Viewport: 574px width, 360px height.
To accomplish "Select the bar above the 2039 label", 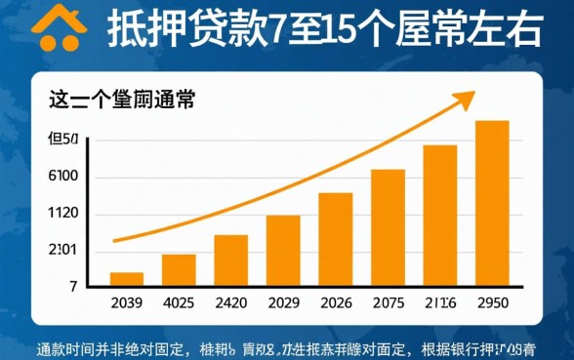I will (127, 279).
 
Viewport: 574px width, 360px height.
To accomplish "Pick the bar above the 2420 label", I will (230, 260).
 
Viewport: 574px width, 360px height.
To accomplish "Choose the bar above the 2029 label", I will (283, 250).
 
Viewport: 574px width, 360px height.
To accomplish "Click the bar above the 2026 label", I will (336, 239).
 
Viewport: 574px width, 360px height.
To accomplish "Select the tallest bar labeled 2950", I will (492, 203).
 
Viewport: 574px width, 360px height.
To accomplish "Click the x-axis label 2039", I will (127, 302).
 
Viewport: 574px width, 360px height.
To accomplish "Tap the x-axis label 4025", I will (179, 302).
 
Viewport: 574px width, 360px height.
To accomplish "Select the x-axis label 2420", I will (230, 302).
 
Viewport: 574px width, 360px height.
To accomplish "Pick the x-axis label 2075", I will (388, 302).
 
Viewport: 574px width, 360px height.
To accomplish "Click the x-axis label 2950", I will (492, 302).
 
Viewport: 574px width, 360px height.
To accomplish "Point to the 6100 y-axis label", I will (62, 177).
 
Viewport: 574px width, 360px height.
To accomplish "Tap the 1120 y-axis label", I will (62, 214).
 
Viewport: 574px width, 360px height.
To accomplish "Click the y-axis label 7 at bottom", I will (72, 287).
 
